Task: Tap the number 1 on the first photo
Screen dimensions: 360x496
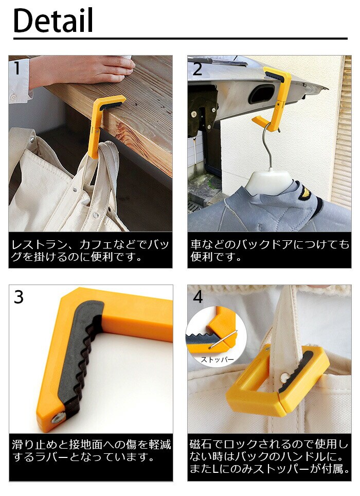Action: (17, 68)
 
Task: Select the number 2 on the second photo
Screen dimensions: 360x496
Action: (197, 69)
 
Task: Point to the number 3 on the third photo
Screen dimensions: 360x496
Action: (19, 297)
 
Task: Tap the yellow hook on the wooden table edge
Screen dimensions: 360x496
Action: (104, 126)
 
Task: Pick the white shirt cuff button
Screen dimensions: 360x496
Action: (13, 96)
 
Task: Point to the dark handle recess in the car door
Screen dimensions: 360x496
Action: (261, 94)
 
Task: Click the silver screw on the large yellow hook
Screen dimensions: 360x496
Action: (57, 418)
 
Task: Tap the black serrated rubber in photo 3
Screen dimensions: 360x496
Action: (79, 351)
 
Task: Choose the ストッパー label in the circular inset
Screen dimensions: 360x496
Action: (217, 360)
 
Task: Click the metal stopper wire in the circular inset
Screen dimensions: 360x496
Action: (223, 340)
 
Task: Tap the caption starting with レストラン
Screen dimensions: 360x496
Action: (90, 250)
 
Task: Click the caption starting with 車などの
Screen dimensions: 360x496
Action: (269, 250)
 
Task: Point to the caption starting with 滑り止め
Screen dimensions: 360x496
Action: (91, 450)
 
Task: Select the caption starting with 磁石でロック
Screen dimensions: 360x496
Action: (269, 456)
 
